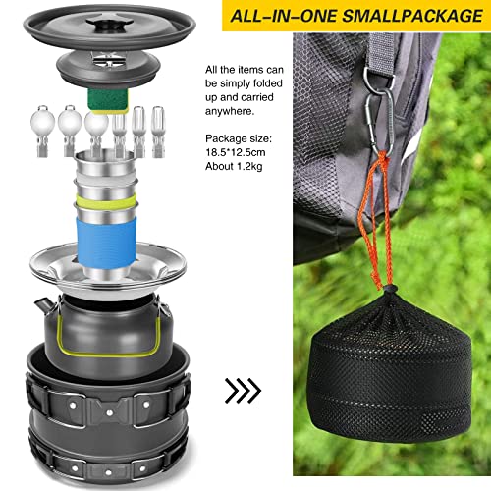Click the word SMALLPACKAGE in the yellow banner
(413, 16)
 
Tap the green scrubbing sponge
(108, 101)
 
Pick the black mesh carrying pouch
(390, 370)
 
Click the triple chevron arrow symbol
(243, 390)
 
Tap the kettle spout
(45, 305)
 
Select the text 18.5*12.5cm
(236, 152)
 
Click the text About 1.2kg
(234, 166)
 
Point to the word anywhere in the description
(230, 111)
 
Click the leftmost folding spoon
(42, 131)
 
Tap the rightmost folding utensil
(158, 132)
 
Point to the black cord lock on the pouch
(390, 290)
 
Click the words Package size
(238, 138)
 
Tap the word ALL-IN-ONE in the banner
(284, 16)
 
